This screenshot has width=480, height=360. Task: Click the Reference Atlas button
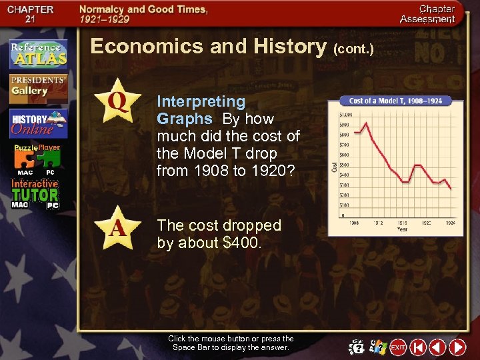[x=38, y=54]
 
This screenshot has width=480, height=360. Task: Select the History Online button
[x=38, y=124]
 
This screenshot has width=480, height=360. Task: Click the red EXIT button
[x=398, y=347]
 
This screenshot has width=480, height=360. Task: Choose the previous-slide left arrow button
[x=437, y=347]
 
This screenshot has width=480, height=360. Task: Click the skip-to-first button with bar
[x=418, y=347]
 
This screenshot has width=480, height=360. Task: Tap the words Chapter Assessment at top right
[x=427, y=14]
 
